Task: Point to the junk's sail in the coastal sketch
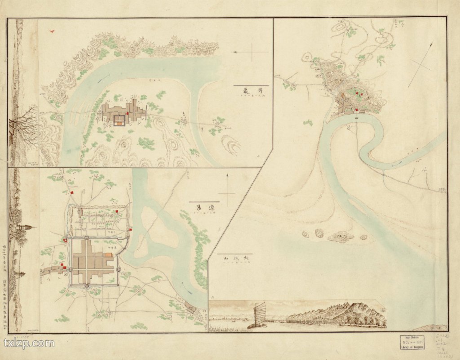pos(259,312)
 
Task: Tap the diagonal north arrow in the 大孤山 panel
pos(420,67)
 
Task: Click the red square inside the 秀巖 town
pos(128,114)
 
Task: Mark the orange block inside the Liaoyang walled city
pos(108,255)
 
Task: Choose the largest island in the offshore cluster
pos(340,236)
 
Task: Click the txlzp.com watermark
pos(29,344)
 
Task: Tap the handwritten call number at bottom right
pos(442,344)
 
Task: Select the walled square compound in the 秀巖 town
pos(119,120)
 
